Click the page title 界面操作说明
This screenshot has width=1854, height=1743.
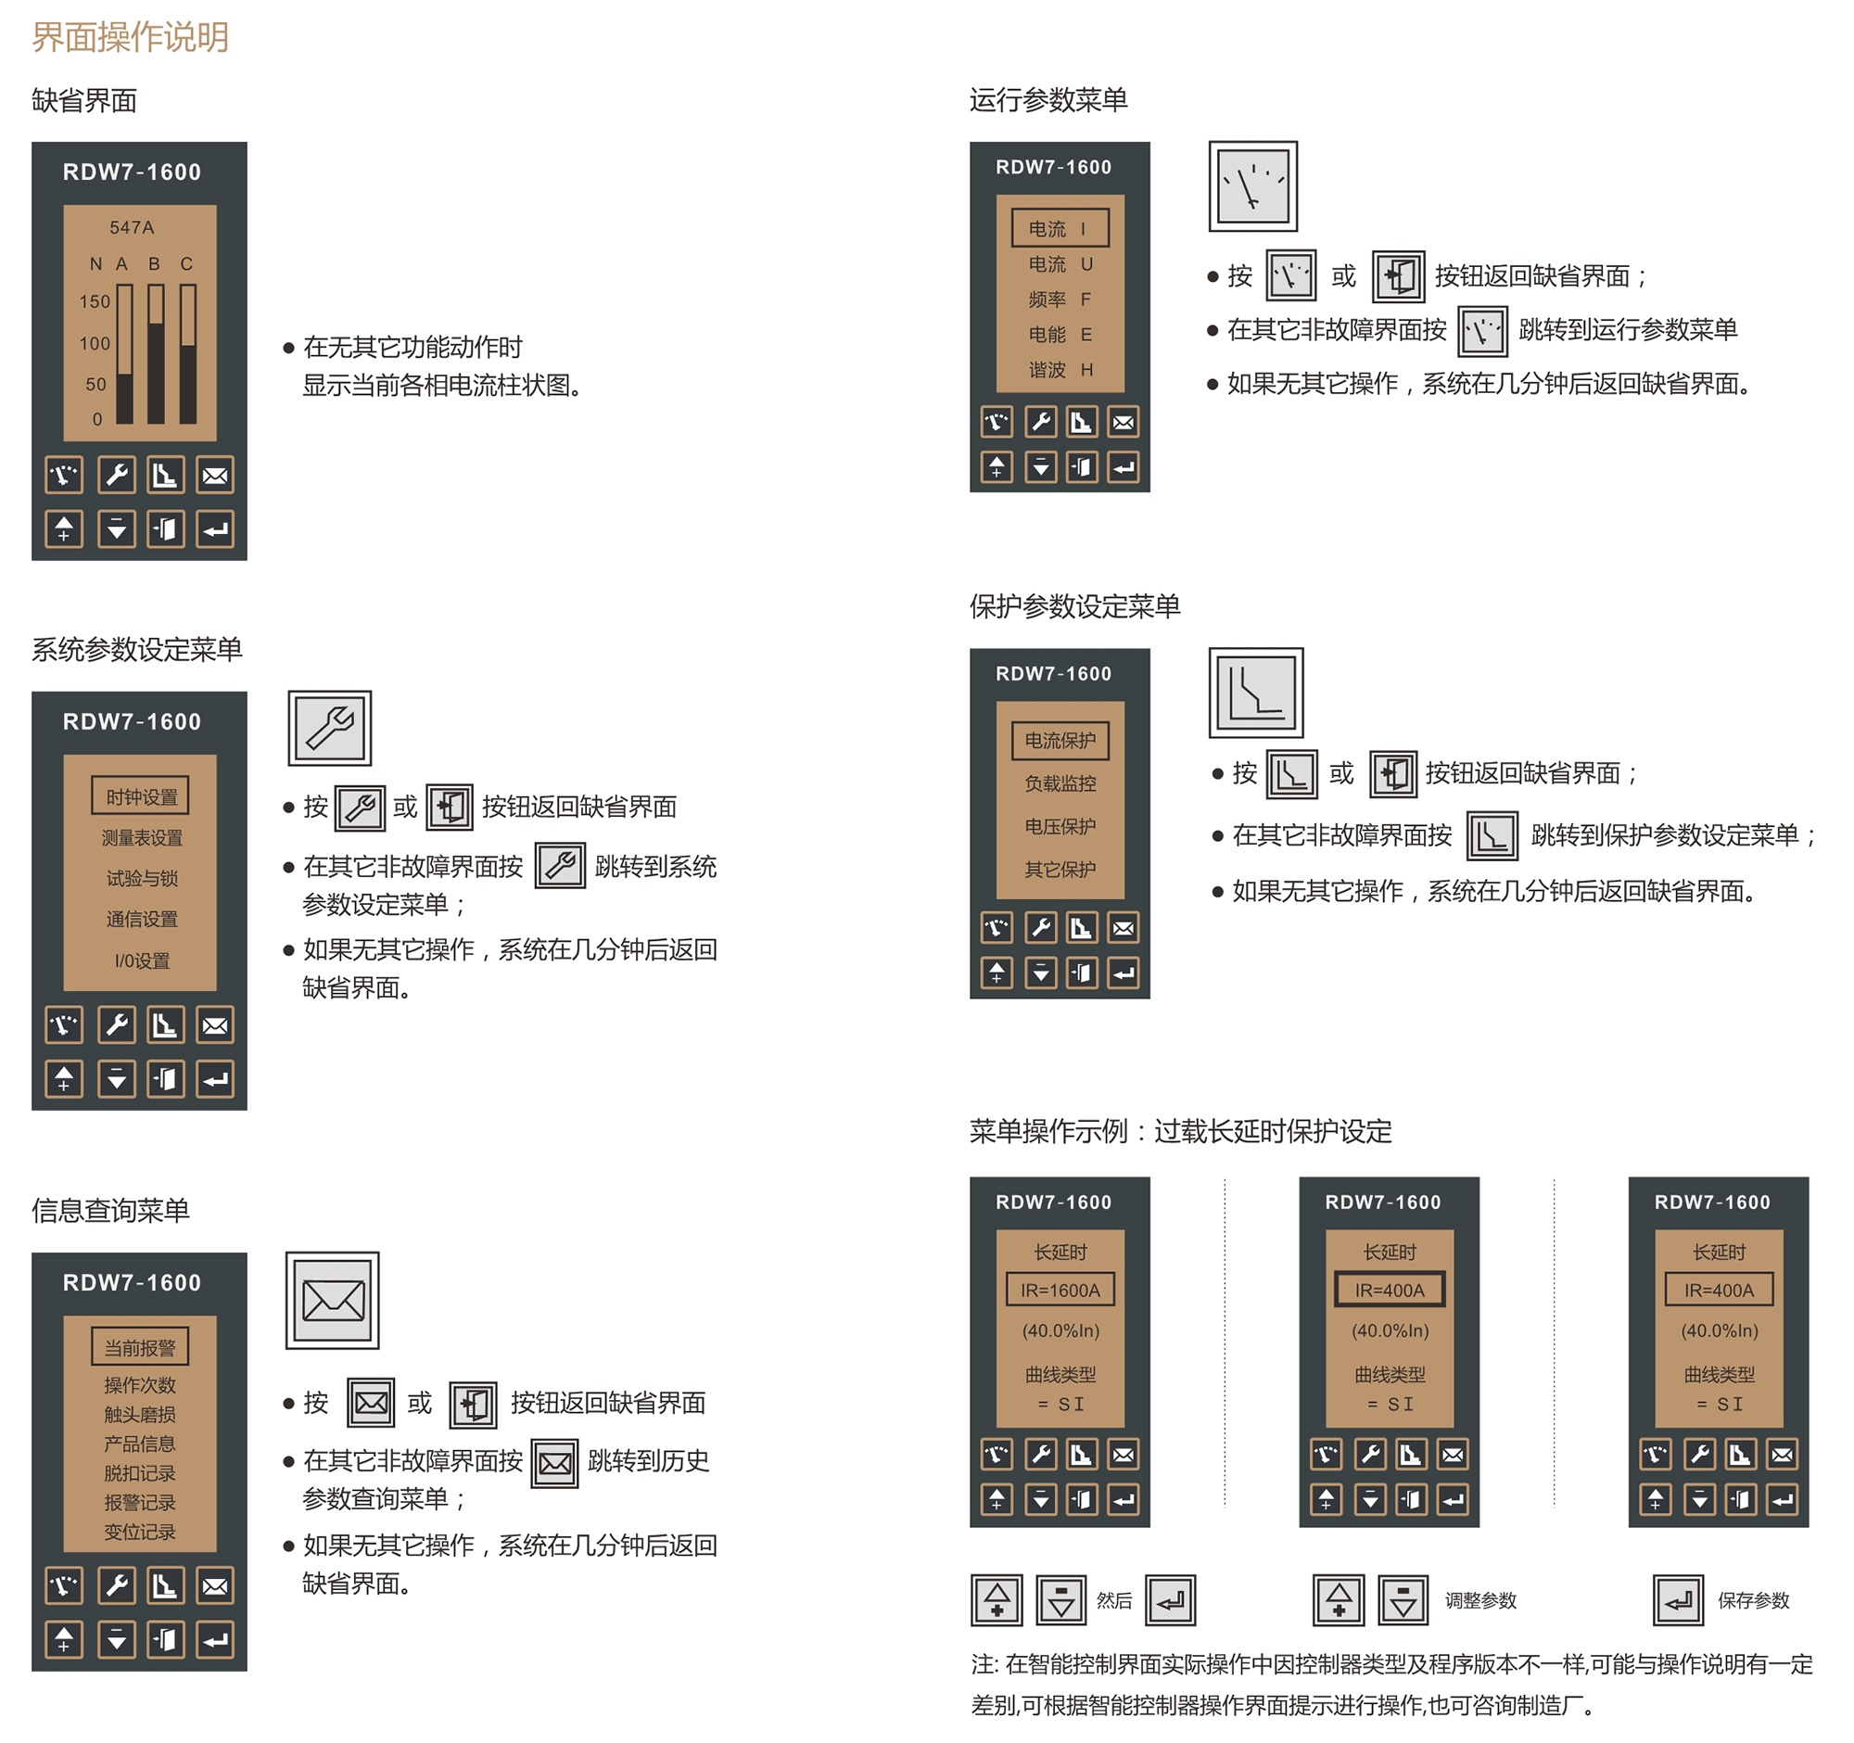[130, 37]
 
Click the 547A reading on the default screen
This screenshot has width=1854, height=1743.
[132, 227]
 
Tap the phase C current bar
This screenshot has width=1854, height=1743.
[188, 355]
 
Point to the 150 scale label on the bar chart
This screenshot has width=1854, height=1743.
[95, 302]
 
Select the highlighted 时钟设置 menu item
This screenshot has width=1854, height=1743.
[141, 797]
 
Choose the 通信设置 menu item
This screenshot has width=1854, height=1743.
[141, 920]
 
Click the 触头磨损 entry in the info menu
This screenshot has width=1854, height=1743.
[140, 1416]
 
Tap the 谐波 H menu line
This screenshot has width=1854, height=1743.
[1060, 370]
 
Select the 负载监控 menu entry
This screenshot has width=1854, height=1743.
[1060, 784]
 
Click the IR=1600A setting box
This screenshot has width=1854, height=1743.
[1060, 1291]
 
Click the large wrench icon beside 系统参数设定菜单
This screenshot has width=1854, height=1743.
[330, 729]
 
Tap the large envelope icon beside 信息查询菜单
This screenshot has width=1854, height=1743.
[333, 1301]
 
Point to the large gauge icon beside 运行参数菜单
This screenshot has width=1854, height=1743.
[1253, 186]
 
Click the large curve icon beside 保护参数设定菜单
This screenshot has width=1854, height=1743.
[1256, 693]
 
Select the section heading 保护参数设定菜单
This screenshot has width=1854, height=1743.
[1075, 607]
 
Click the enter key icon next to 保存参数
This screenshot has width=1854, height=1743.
[1679, 1601]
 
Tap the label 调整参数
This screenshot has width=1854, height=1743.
[1481, 1601]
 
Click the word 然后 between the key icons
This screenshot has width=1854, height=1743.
[1114, 1601]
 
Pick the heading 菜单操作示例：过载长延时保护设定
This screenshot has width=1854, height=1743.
[1181, 1132]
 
